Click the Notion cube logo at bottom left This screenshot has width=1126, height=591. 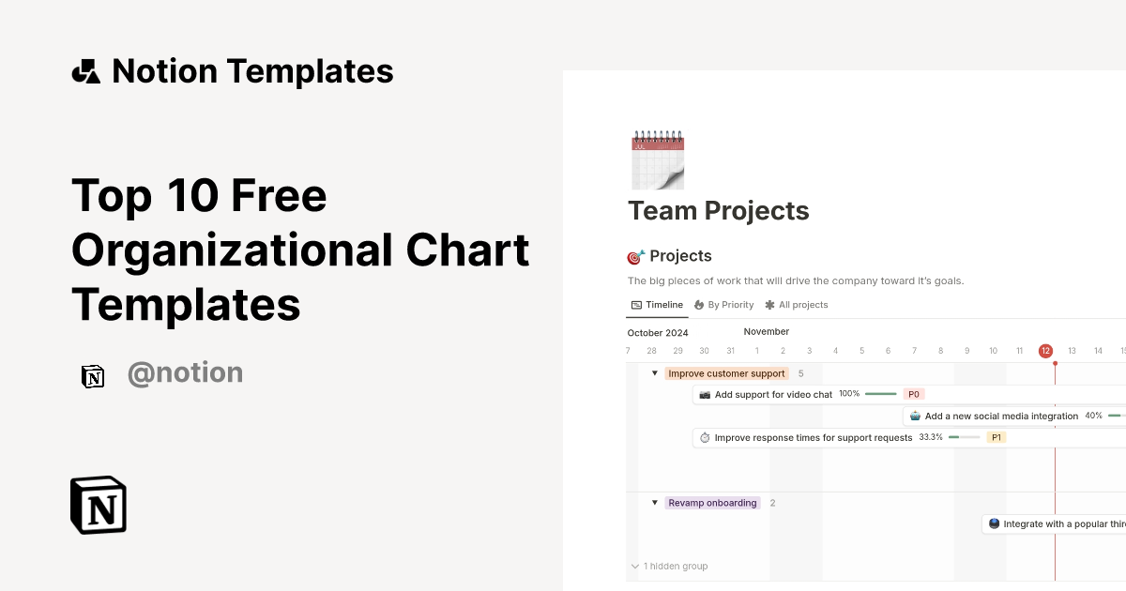[99, 505]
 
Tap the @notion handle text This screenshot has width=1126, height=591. [185, 373]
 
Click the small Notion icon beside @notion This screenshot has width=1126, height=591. [93, 376]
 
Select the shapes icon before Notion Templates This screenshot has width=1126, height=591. [85, 71]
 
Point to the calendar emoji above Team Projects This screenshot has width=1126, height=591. [658, 160]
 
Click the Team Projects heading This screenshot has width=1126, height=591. [718, 211]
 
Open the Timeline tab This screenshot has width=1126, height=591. [657, 305]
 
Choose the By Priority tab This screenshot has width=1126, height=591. [723, 305]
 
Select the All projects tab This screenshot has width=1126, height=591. [797, 305]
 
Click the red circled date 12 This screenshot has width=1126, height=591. [1045, 351]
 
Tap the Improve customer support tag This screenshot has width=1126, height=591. [726, 373]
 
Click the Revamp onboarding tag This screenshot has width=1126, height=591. [712, 503]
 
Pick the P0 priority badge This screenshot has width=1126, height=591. [913, 394]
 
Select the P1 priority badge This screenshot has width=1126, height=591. [997, 437]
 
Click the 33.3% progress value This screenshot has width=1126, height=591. [931, 437]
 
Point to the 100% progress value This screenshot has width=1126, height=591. [849, 394]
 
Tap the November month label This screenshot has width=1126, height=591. [767, 331]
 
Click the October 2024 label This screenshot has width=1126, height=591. [658, 333]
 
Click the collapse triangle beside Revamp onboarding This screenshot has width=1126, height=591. [655, 503]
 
